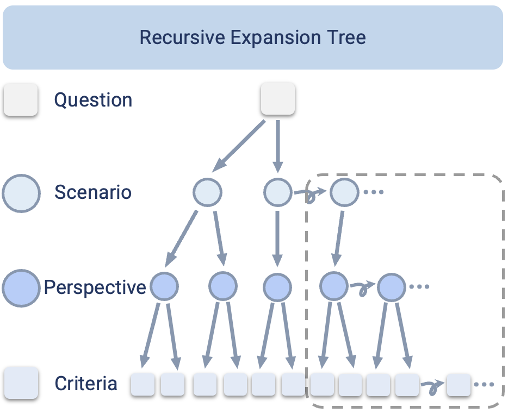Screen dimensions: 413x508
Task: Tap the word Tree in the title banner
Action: coord(346,37)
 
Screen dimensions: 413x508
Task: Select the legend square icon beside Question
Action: coord(21,100)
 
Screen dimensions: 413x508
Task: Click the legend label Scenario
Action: coord(93,192)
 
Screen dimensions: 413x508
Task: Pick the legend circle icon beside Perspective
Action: coord(21,287)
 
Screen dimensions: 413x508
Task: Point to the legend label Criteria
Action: coord(86,384)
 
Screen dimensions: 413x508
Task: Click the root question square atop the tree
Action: coord(278,99)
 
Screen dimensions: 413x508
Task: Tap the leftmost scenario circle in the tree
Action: coord(207,192)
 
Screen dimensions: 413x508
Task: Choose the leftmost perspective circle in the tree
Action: coord(164,286)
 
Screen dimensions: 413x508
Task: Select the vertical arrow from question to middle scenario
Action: coord(278,145)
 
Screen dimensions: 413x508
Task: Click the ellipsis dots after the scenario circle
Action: coord(374,192)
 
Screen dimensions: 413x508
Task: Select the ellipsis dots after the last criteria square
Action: coord(484,385)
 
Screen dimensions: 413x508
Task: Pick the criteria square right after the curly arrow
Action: coord(459,385)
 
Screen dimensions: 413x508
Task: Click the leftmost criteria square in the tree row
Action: coord(143,385)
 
